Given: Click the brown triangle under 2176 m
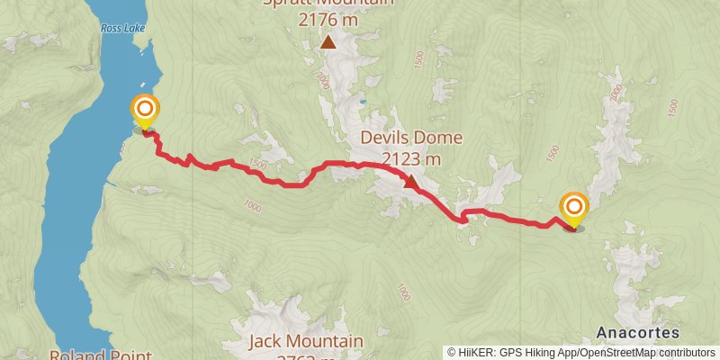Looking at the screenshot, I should (329, 41).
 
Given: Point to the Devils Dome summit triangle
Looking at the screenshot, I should (410, 182).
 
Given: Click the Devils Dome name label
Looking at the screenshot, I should (411, 138).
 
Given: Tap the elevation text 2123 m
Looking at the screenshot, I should (411, 159).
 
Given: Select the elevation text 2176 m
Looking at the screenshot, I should (328, 18).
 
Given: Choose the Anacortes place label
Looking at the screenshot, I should (637, 331).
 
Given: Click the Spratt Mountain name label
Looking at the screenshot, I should (328, 3).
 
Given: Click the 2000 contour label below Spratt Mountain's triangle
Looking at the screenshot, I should (322, 81).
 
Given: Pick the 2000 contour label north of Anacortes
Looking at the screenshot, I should (616, 93).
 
